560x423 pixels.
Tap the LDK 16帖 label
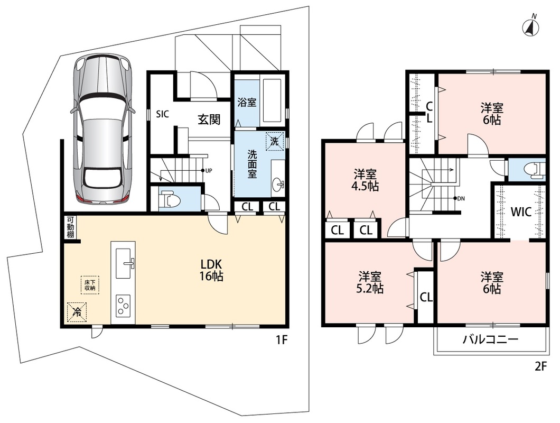click(211, 270)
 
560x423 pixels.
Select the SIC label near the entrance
click(162, 114)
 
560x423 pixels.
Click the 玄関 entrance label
click(209, 119)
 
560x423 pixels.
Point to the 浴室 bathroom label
click(247, 102)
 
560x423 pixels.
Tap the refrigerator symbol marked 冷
click(77, 312)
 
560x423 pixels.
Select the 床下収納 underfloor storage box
click(90, 285)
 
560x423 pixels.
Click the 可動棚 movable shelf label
click(70, 227)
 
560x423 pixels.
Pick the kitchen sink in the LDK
click(124, 263)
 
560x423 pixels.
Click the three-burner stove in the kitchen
click(124, 306)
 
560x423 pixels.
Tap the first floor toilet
click(169, 199)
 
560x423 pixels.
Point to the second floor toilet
click(535, 170)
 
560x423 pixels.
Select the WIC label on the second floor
click(521, 212)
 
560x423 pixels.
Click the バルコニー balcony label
click(490, 339)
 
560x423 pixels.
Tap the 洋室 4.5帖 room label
click(366, 181)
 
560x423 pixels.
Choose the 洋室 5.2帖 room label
click(370, 282)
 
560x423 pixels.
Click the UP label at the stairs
click(209, 171)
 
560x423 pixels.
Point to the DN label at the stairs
click(461, 198)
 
